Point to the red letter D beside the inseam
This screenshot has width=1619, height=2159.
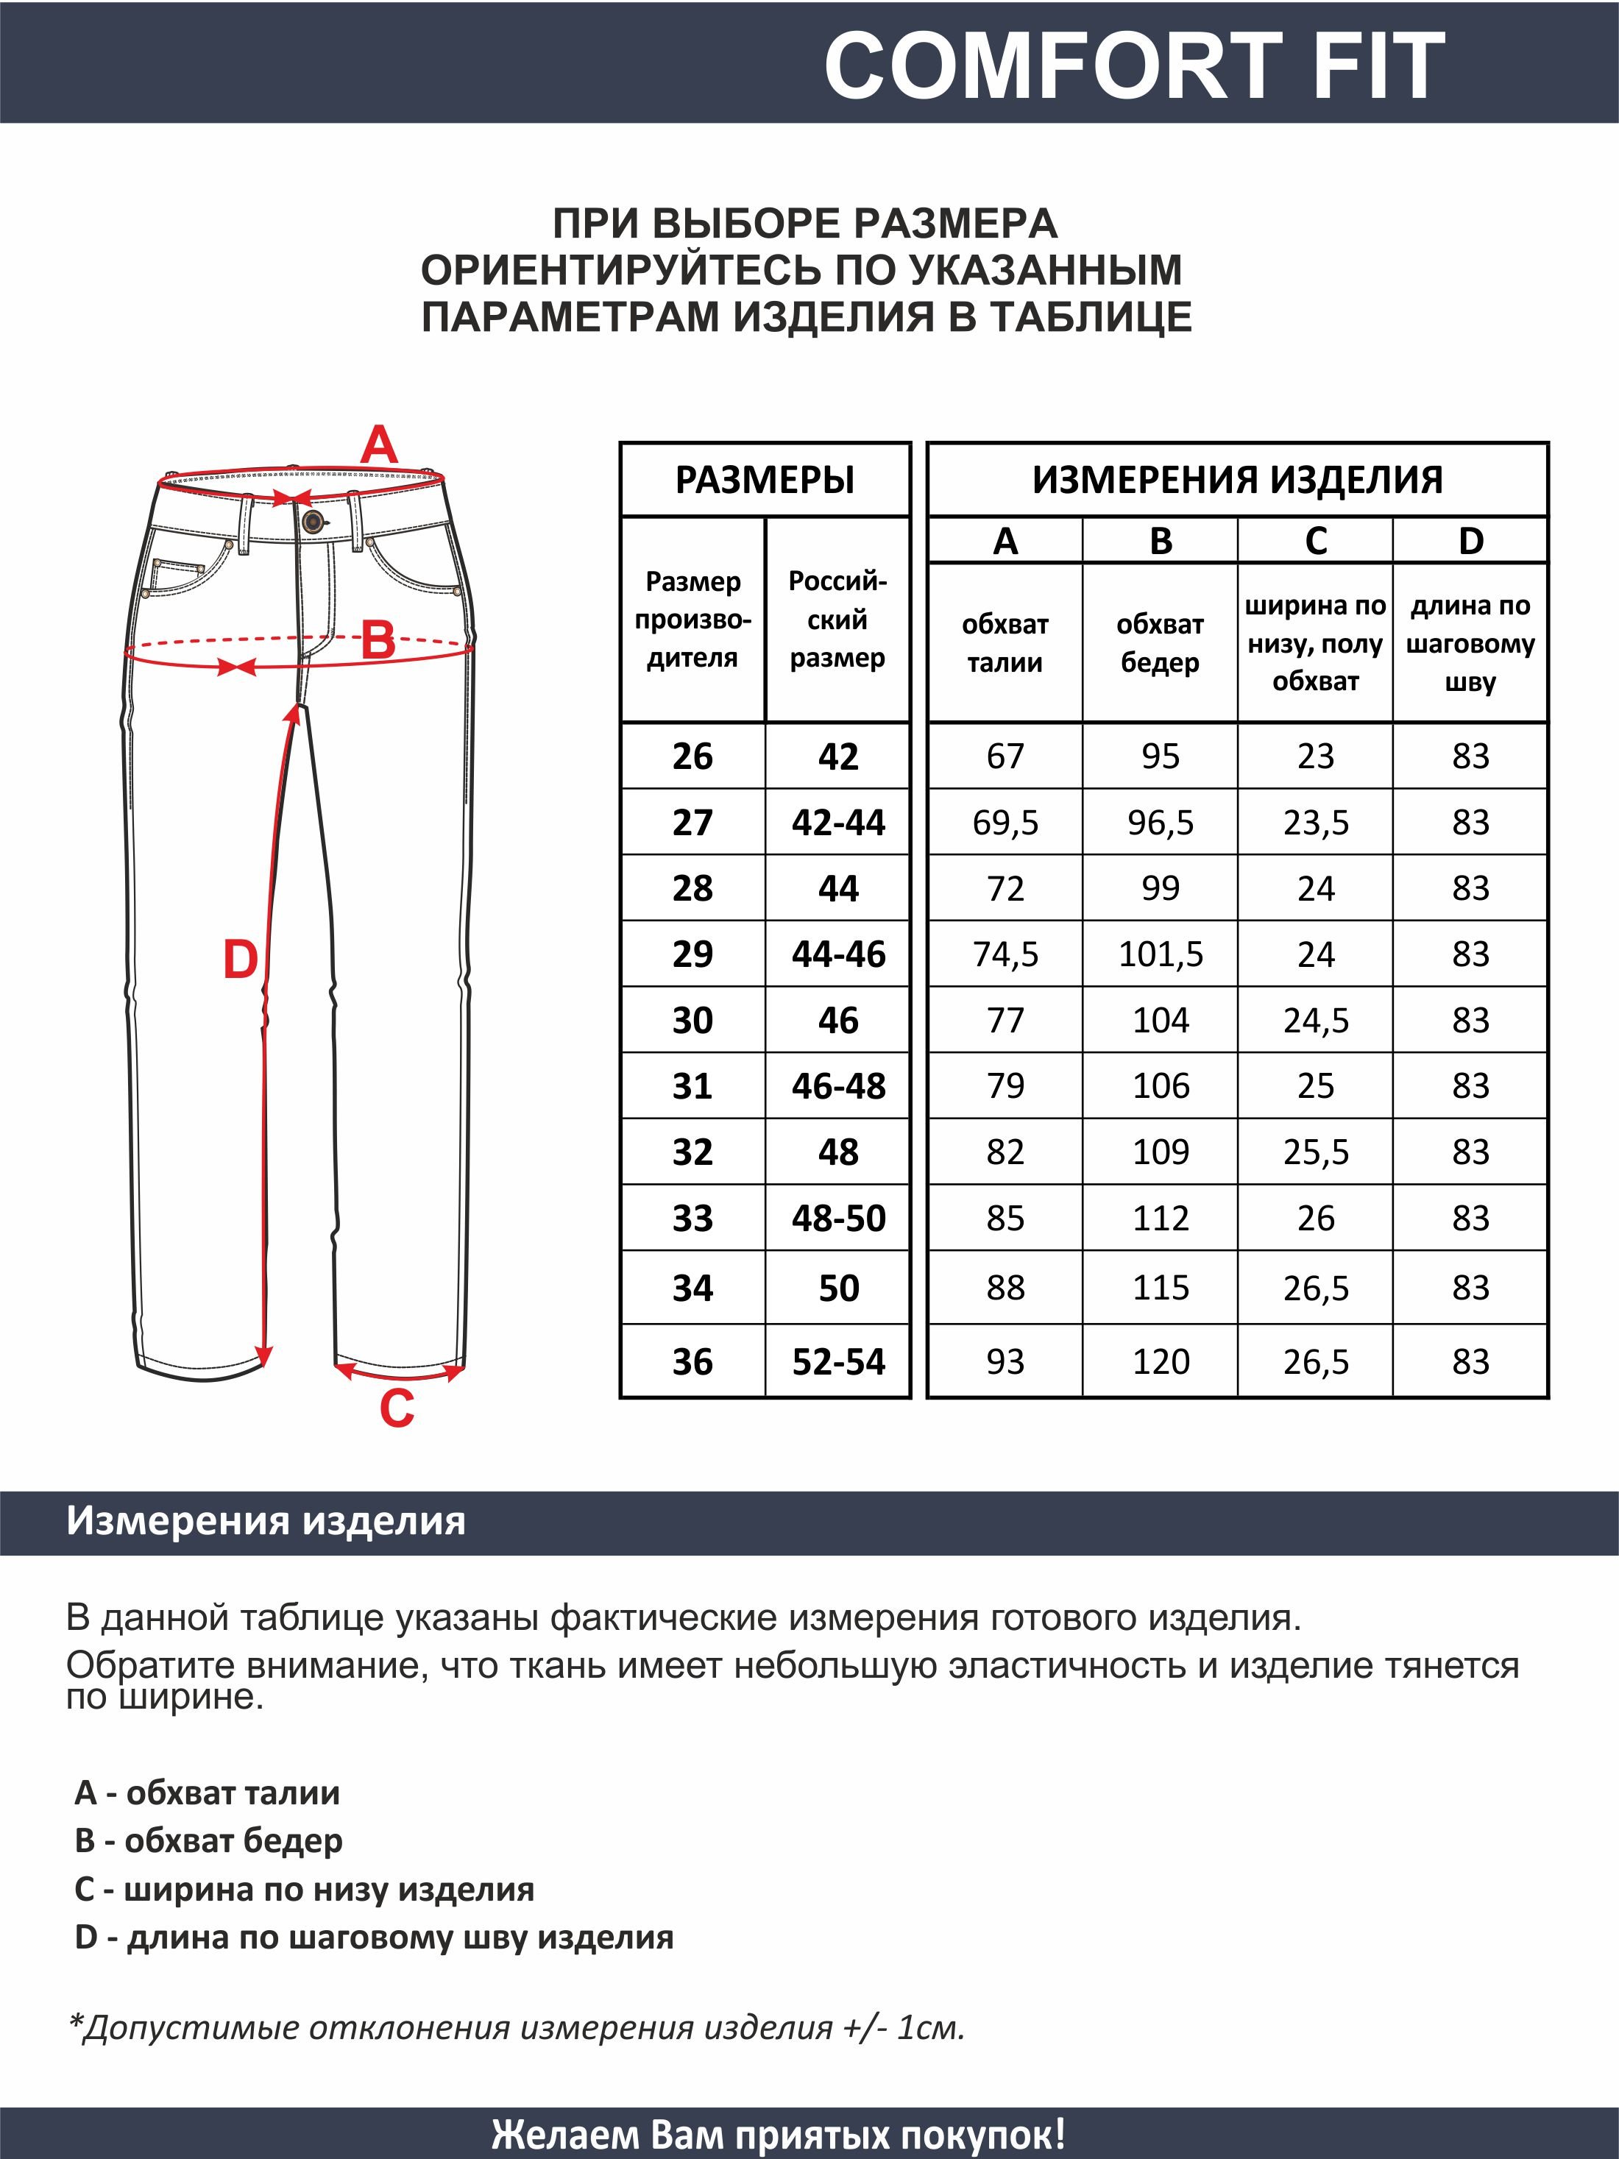click(240, 960)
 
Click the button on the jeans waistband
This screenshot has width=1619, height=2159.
click(312, 521)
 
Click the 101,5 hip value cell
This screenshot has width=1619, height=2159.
click(1161, 954)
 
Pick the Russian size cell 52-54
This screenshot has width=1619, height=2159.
click(838, 1361)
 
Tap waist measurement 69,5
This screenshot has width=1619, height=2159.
click(1005, 823)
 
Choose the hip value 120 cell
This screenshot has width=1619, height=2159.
click(1161, 1361)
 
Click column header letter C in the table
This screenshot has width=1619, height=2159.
click(1316, 541)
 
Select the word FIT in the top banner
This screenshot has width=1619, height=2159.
click(1378, 65)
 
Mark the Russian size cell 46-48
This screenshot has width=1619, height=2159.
click(838, 1085)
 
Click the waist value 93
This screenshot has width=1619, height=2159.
click(1005, 1361)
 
